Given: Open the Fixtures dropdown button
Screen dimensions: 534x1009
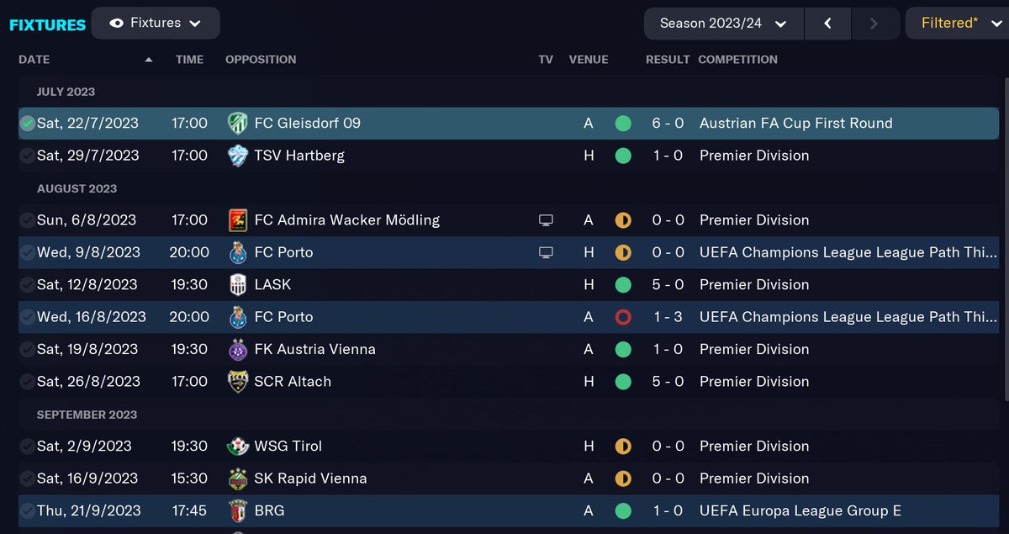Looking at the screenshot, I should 156,24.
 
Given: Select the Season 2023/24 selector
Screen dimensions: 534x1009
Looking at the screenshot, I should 723,24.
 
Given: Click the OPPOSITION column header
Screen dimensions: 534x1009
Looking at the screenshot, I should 261,60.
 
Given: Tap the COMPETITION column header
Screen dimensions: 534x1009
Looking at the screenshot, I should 737,60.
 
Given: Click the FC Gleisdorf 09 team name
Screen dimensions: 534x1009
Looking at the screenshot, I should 307,124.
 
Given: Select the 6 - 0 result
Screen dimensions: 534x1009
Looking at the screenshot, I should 668,124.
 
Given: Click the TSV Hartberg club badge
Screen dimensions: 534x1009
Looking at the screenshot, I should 238,156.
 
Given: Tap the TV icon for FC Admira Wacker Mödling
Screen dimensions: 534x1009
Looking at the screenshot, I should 546,220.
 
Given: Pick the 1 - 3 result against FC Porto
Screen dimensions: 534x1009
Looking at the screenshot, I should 668,317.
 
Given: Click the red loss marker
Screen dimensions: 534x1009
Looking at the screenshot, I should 623,317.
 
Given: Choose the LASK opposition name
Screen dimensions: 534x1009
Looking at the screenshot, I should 272,284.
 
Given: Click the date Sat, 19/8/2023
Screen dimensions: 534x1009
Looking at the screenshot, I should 88,349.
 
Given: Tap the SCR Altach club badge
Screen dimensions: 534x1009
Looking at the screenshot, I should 238,382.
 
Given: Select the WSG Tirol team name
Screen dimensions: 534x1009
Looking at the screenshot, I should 288,446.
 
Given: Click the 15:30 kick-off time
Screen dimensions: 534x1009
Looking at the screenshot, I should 189,478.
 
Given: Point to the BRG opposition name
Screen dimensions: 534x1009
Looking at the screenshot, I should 269,510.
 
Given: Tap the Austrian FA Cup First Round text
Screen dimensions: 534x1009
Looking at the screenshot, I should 795,124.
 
